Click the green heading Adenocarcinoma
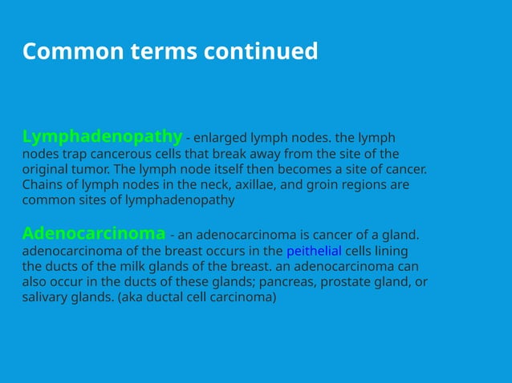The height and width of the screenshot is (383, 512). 94,233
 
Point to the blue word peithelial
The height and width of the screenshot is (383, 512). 314,251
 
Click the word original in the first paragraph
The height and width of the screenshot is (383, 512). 45,169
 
